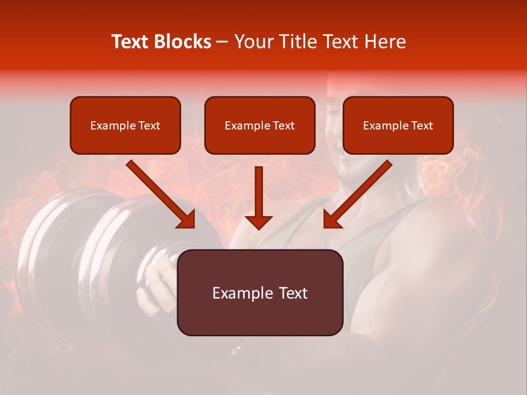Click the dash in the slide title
coord(222,42)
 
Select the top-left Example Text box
coord(125,125)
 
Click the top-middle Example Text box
coord(260,125)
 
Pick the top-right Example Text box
coord(398,125)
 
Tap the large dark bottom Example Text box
coord(260,292)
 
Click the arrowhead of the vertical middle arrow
coord(259,222)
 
